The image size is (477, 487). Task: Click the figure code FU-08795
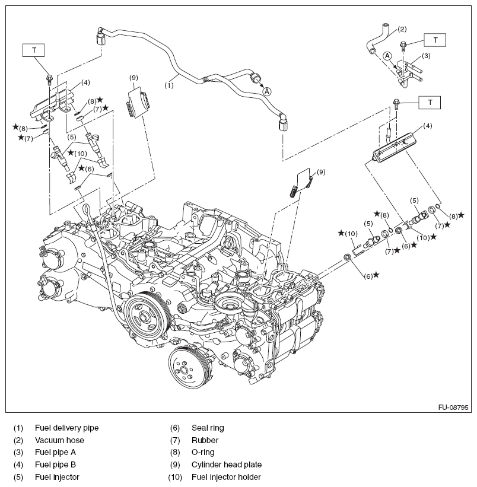[x=453, y=408]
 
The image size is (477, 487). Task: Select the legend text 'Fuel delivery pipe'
[x=66, y=427]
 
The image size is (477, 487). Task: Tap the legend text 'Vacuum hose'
[x=59, y=440]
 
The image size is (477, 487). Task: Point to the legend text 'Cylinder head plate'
[x=226, y=464]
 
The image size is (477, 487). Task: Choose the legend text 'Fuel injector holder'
[x=226, y=477]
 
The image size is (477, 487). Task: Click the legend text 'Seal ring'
[x=208, y=427]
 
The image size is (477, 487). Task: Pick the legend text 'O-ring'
[x=203, y=452]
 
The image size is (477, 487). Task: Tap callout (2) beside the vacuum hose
[x=402, y=28]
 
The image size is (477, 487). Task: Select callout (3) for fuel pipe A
[x=425, y=56]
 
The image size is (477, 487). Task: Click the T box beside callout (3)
[x=435, y=40]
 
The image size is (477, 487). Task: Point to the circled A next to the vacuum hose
[x=387, y=56]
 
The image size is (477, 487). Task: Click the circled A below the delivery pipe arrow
[x=267, y=91]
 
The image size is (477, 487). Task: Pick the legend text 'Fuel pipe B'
[x=55, y=464]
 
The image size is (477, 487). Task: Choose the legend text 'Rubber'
[x=205, y=440]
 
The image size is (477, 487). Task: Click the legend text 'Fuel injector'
[x=57, y=477]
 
